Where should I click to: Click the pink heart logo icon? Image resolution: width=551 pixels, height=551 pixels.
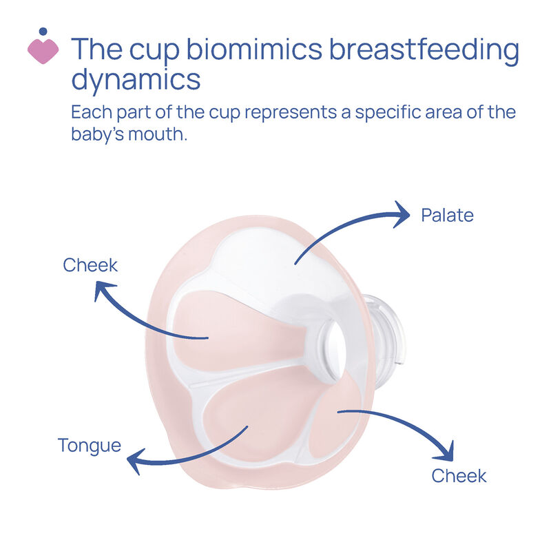point(43,51)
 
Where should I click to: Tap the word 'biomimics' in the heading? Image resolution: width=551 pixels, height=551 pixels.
point(254,48)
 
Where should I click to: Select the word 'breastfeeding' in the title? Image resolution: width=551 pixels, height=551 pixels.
point(424,51)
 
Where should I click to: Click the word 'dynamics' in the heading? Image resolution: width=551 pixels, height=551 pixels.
point(136,81)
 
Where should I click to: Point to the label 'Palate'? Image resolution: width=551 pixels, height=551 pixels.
point(447,215)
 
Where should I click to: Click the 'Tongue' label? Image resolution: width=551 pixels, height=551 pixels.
point(90,446)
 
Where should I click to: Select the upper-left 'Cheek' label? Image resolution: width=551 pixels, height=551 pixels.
point(90,265)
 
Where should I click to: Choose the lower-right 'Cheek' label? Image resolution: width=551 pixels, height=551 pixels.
point(459,476)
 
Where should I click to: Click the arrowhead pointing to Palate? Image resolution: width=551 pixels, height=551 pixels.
point(402,214)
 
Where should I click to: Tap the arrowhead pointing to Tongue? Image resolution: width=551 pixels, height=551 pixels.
point(135,461)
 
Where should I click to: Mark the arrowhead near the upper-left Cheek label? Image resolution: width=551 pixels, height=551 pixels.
point(103,289)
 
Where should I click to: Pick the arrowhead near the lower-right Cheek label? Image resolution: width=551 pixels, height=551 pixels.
point(446,453)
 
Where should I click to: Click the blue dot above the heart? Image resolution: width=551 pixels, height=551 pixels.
point(43,31)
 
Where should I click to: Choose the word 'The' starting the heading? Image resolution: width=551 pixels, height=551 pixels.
point(96,48)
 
